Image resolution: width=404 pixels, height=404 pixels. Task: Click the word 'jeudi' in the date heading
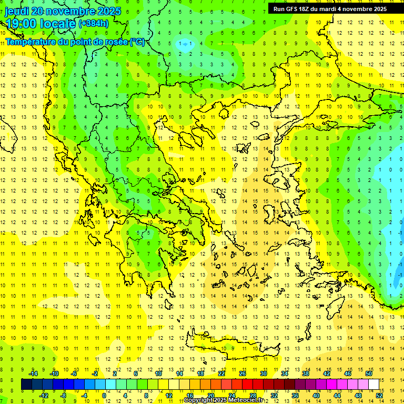click(x=17, y=11)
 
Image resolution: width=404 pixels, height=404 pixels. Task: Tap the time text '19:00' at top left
click(x=21, y=24)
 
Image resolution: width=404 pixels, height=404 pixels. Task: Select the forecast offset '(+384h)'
click(x=94, y=24)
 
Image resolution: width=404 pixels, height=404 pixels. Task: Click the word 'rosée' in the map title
click(x=115, y=42)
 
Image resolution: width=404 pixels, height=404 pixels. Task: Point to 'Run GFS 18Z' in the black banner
click(x=291, y=9)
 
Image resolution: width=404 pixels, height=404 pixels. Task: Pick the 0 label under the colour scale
click(x=104, y=395)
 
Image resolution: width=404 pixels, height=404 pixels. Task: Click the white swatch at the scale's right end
click(x=373, y=384)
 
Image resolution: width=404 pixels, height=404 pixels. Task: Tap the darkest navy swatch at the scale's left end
click(x=26, y=384)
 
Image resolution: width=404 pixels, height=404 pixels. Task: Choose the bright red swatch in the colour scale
click(x=247, y=384)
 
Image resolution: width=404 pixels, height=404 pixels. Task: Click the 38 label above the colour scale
click(x=305, y=373)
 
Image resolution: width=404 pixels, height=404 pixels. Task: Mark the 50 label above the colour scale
click(x=368, y=373)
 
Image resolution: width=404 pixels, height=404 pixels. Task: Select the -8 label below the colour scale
click(x=64, y=395)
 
